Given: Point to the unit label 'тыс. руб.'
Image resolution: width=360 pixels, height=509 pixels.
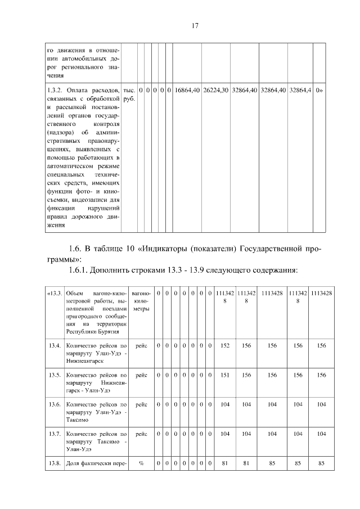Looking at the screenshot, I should [129, 94].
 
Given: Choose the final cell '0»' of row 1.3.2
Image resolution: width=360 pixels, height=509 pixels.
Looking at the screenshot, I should [319, 90].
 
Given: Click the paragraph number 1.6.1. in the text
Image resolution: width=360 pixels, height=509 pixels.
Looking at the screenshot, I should [81, 271].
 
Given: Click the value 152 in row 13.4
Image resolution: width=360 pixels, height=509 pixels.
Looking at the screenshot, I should [224, 345].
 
